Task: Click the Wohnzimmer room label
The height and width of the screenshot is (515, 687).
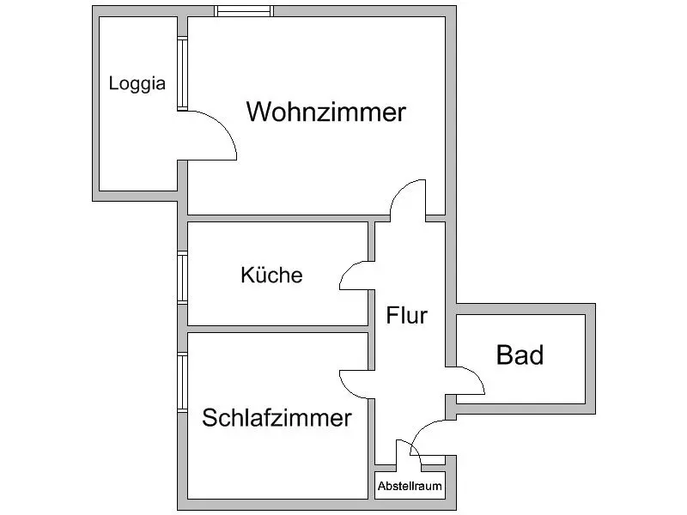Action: click(326, 112)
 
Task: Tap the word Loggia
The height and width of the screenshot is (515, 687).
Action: click(137, 83)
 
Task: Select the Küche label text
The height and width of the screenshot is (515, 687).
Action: click(271, 275)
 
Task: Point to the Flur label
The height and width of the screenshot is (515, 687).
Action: click(406, 315)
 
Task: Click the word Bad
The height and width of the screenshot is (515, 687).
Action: click(520, 354)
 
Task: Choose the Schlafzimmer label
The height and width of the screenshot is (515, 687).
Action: click(277, 417)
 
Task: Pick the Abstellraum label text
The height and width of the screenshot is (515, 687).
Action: click(410, 486)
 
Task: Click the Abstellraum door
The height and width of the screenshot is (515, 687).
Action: click(417, 451)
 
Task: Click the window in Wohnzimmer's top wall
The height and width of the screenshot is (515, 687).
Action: click(244, 11)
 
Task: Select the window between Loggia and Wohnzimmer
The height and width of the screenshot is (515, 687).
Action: click(182, 74)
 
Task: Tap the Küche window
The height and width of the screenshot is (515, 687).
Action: click(182, 277)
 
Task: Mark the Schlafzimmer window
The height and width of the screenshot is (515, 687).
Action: click(182, 382)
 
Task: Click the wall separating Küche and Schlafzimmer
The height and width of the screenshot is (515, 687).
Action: click(277, 329)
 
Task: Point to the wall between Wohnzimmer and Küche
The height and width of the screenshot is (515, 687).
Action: click(289, 219)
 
